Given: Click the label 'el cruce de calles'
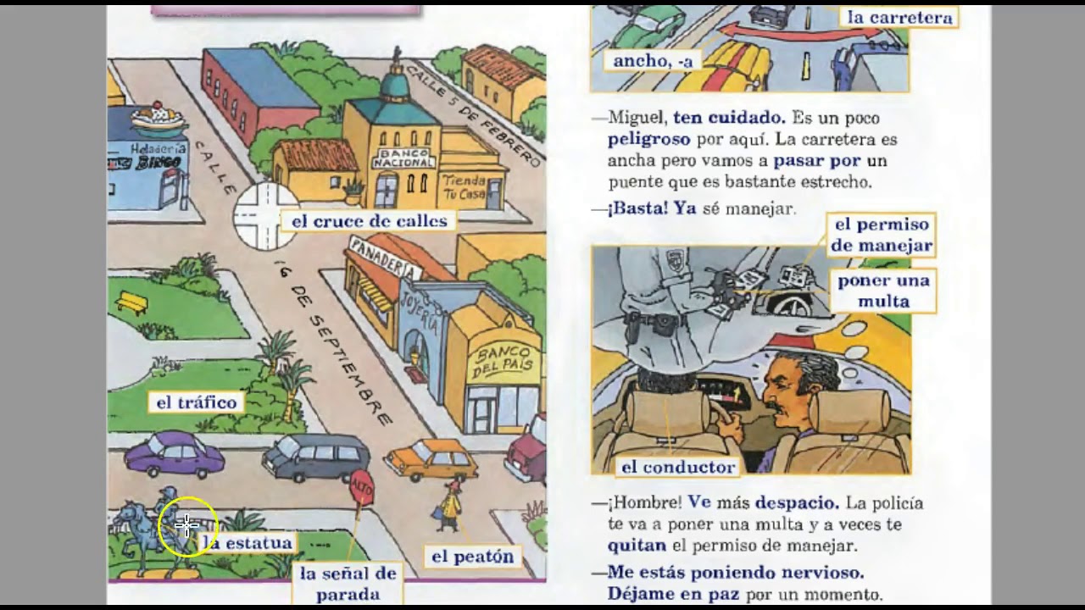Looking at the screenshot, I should point(369,221).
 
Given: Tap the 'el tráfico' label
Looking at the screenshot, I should point(196,402).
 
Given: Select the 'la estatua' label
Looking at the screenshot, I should point(249,542).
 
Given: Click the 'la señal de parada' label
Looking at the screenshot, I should point(348,584).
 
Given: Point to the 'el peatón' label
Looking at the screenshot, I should point(472,557).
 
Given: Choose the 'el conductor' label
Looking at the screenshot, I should point(677,467).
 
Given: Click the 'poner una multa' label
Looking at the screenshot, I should point(883,291).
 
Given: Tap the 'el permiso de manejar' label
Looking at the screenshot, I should point(882,235).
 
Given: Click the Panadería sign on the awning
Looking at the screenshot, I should point(385,258).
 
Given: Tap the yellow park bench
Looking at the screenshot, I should point(131,302).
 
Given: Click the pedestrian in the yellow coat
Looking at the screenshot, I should point(451,506).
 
